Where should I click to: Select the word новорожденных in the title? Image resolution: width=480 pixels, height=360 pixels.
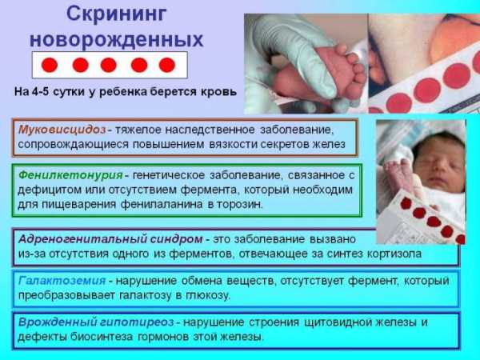click(x=117, y=39)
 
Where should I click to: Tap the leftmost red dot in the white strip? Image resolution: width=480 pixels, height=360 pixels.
click(x=50, y=65)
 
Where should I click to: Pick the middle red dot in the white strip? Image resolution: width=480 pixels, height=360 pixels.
click(x=109, y=65)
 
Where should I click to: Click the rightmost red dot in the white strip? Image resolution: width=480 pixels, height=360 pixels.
click(x=167, y=65)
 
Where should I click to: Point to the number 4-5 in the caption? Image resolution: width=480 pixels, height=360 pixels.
click(x=40, y=91)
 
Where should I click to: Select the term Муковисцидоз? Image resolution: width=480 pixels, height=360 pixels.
click(x=62, y=130)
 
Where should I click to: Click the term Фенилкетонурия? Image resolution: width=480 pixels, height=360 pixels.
click(x=70, y=176)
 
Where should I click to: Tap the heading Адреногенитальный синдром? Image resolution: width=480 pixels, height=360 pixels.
click(x=110, y=239)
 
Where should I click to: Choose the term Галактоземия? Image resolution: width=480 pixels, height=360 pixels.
click(x=62, y=281)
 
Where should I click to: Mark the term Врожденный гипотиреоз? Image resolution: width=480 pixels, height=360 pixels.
click(x=96, y=322)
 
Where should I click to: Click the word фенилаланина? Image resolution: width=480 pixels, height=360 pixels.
click(x=162, y=205)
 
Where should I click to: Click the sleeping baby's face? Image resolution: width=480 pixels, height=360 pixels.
click(x=438, y=166)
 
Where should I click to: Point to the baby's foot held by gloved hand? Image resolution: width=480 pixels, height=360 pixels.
click(x=340, y=72)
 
